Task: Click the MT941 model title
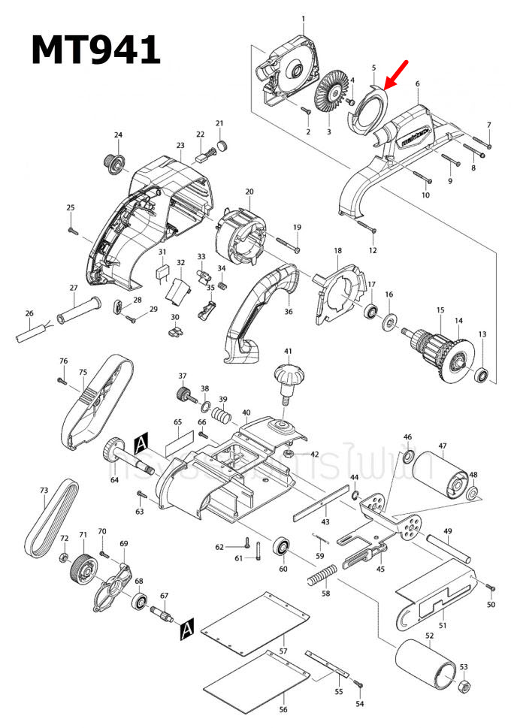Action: click(x=95, y=50)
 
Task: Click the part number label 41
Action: click(x=287, y=352)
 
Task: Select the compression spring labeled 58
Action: click(x=322, y=577)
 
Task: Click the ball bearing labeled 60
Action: click(x=284, y=547)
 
